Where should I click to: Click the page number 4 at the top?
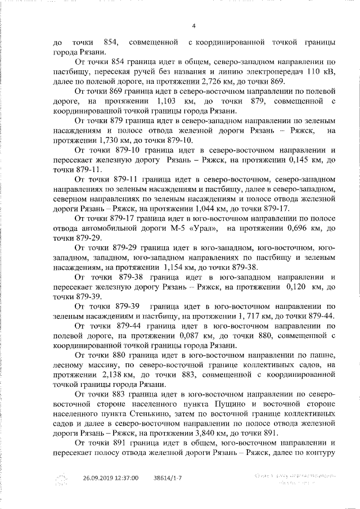click(193, 25)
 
